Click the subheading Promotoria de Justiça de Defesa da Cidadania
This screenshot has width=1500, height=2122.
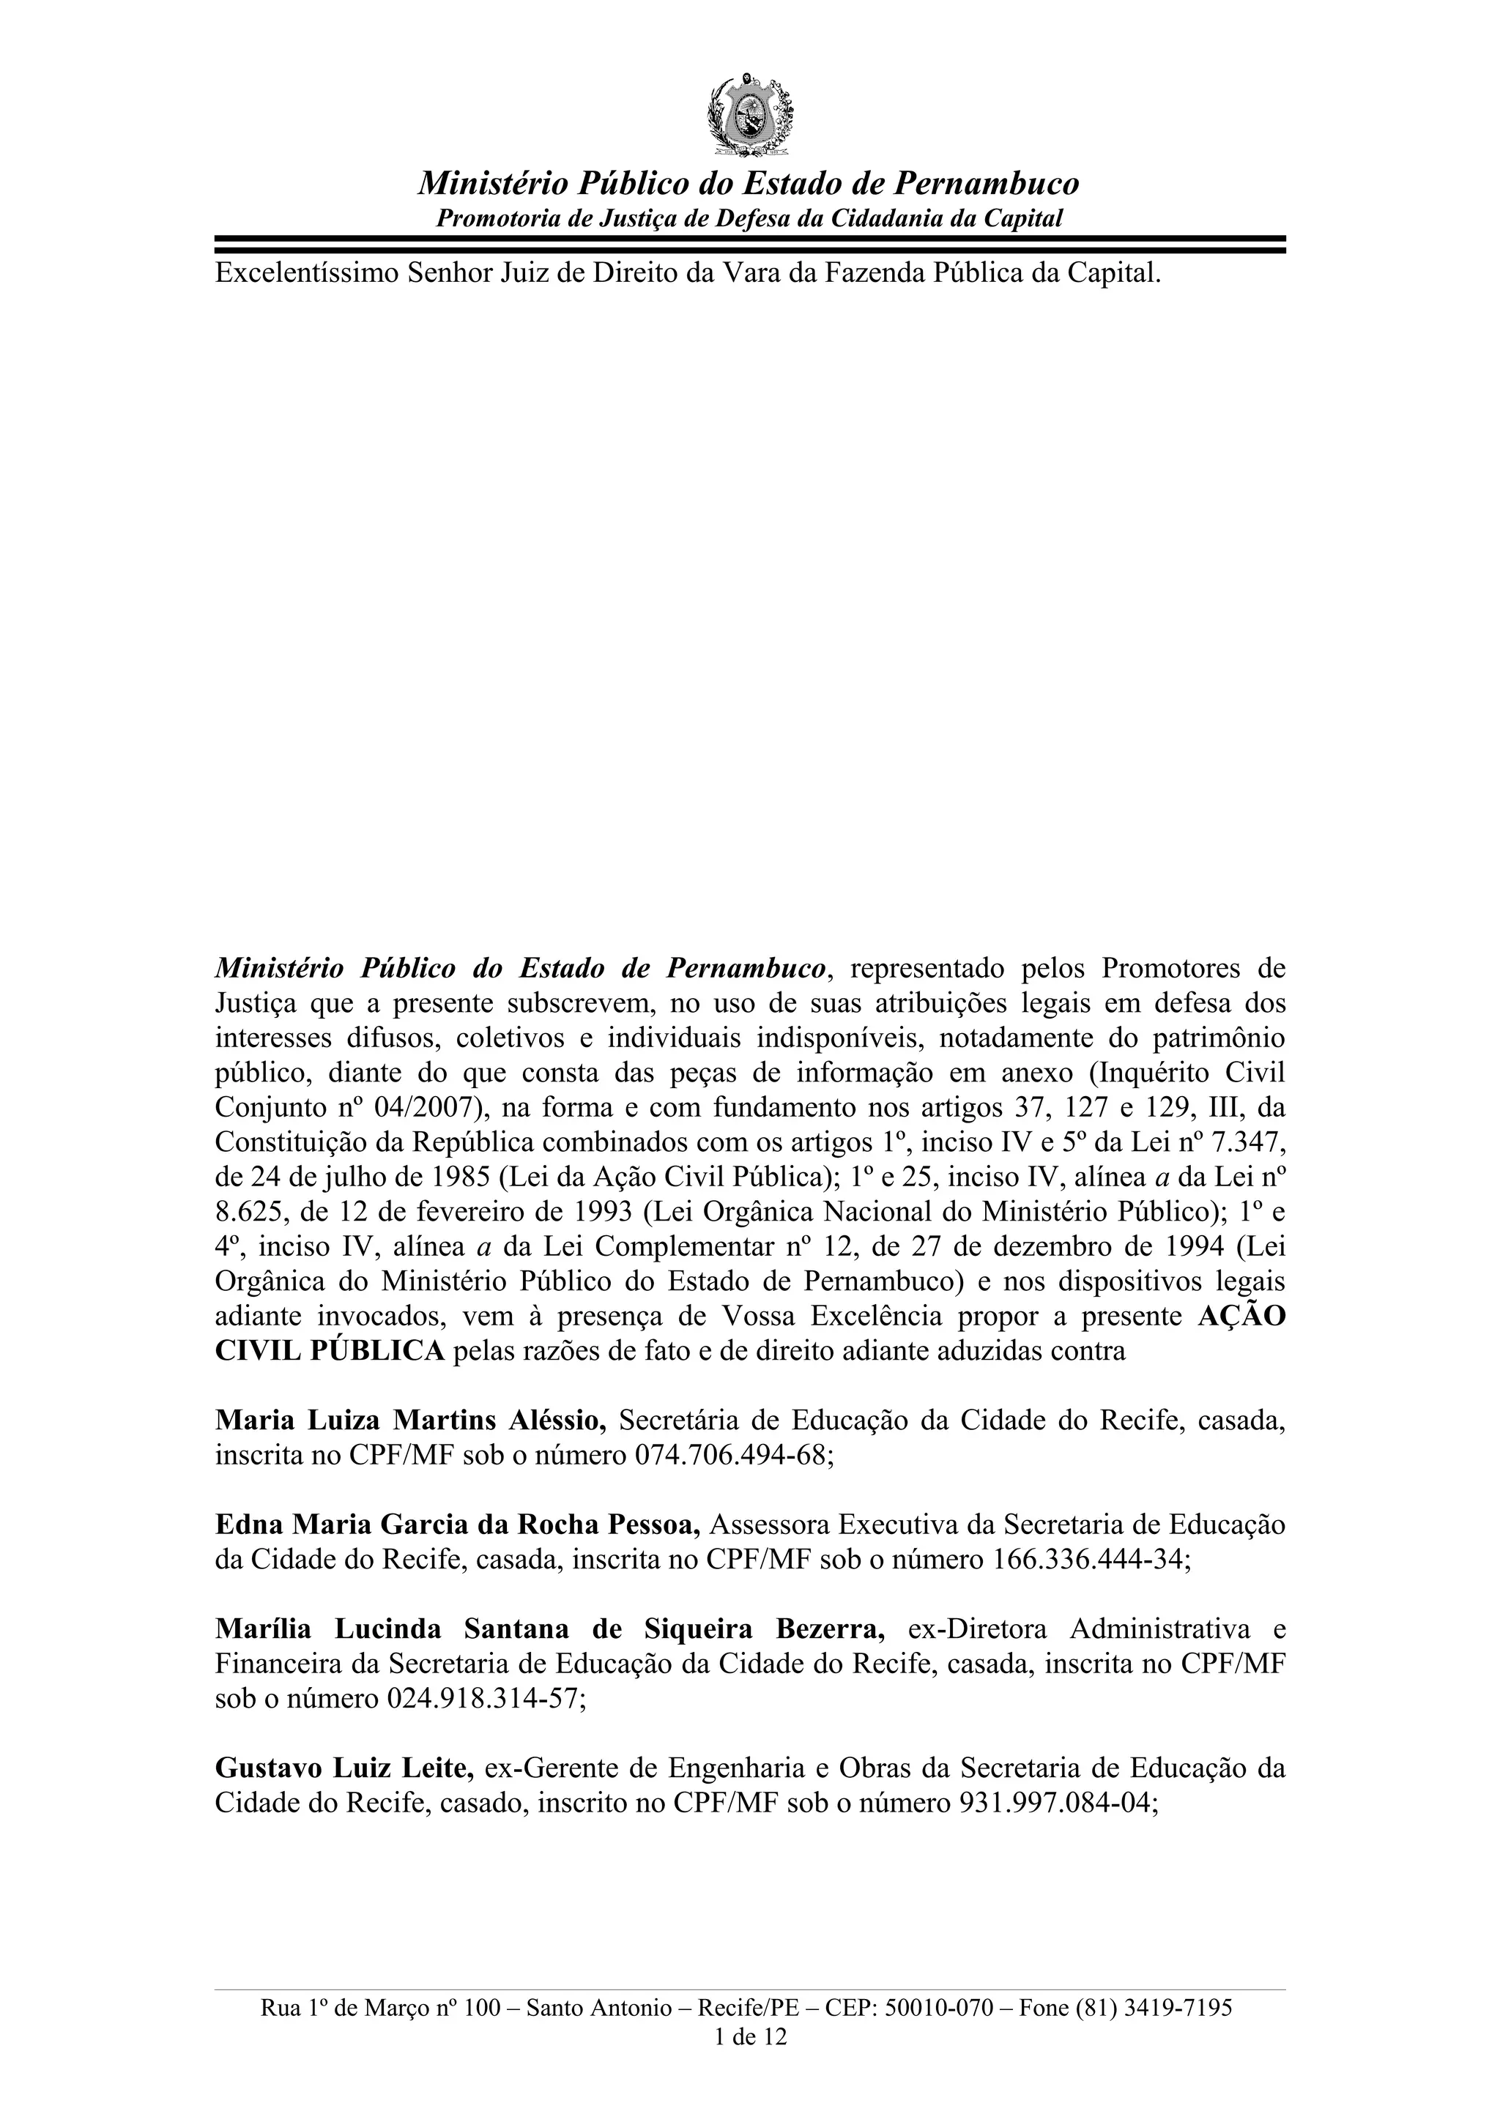tap(749, 219)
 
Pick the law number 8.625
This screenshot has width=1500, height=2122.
tap(244, 1212)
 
